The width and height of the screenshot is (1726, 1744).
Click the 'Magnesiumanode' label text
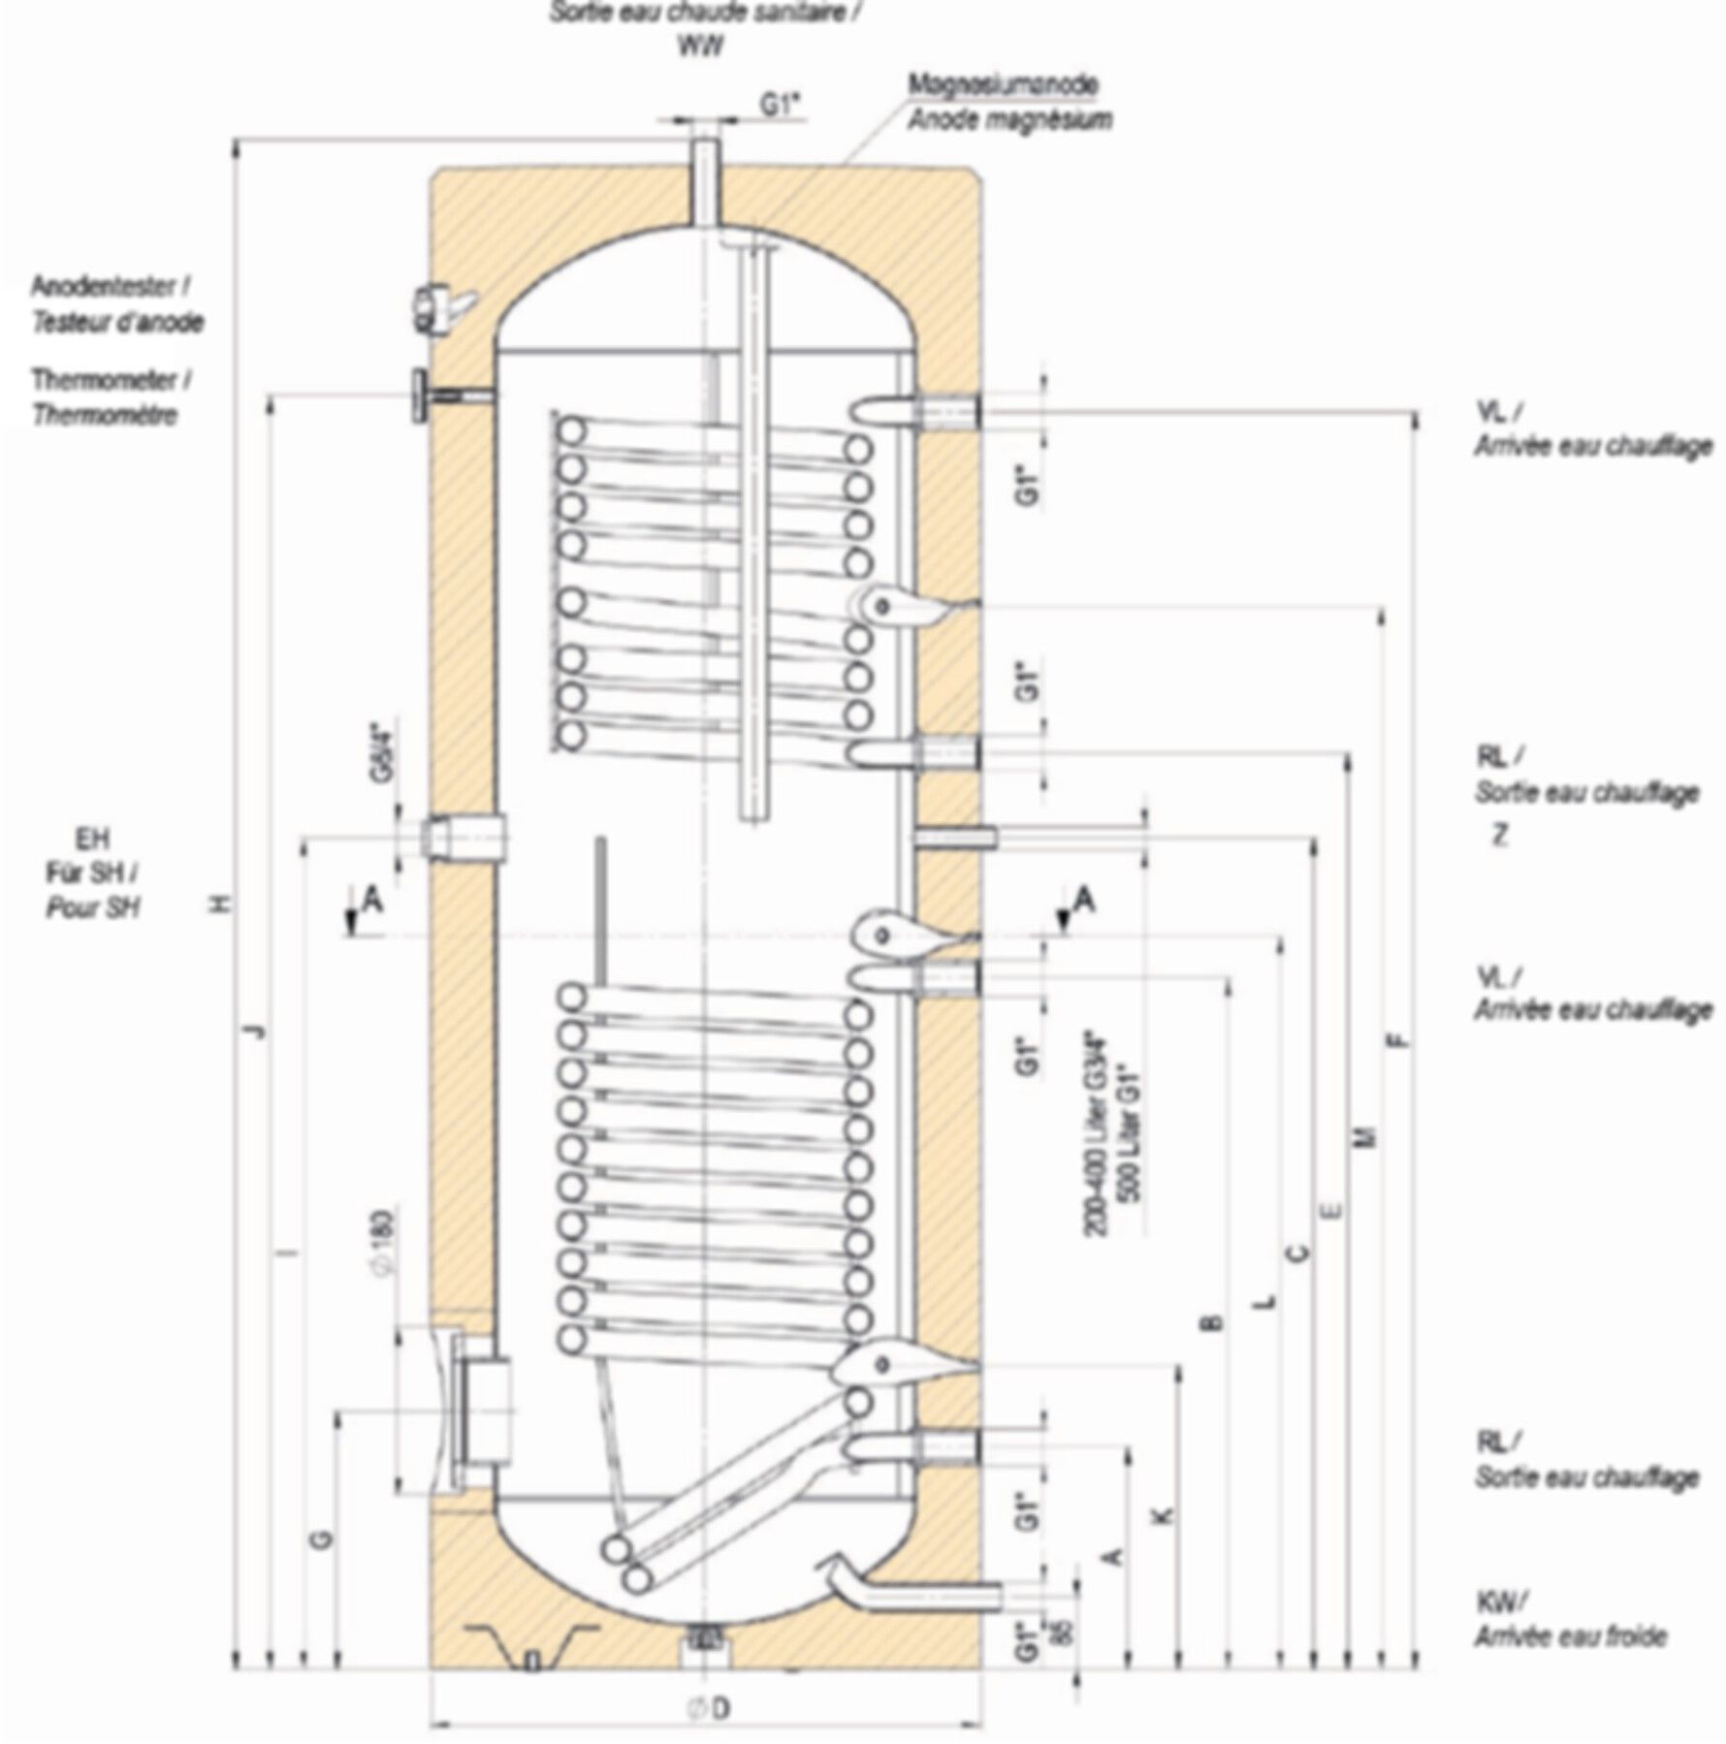tap(1002, 84)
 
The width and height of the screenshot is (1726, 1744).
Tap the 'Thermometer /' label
tap(112, 379)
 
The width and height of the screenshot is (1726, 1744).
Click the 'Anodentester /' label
tap(112, 287)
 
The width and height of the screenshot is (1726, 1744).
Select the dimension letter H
tap(224, 904)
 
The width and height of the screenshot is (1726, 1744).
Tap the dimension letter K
tap(1164, 1515)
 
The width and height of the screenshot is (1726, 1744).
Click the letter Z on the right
tap(1500, 835)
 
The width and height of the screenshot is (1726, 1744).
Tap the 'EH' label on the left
tap(93, 839)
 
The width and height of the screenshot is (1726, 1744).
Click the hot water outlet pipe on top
tap(705, 184)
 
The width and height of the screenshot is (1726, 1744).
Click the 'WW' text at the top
tap(699, 46)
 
